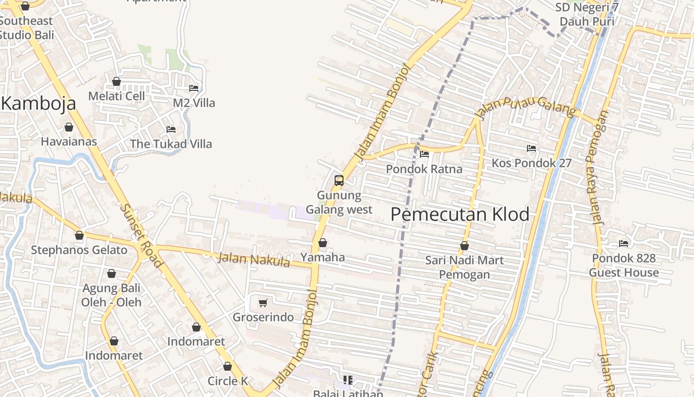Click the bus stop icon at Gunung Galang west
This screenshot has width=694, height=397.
click(x=339, y=181)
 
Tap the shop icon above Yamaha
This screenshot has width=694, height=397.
click(x=323, y=243)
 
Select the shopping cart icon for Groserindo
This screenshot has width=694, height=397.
click(x=263, y=303)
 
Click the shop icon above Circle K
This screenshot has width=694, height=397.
click(x=228, y=367)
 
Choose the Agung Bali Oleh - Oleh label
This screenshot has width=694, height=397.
click(x=112, y=295)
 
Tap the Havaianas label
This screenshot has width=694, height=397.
click(x=69, y=141)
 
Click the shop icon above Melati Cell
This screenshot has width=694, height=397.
click(x=116, y=81)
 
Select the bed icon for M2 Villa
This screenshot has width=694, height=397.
click(x=194, y=88)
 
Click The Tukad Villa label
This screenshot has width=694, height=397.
click(x=171, y=144)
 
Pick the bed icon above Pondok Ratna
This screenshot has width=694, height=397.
click(x=424, y=154)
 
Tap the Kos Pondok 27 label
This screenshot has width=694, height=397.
click(x=531, y=163)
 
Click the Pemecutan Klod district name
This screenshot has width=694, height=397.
click(x=460, y=214)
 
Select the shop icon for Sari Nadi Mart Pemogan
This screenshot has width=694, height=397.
click(x=464, y=246)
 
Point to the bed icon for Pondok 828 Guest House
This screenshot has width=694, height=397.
click(x=624, y=244)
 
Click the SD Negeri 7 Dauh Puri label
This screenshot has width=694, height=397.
click(x=587, y=14)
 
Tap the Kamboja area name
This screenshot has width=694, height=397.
click(x=39, y=103)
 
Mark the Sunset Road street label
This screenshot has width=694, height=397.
click(x=141, y=236)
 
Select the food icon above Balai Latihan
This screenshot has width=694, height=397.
click(x=348, y=380)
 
